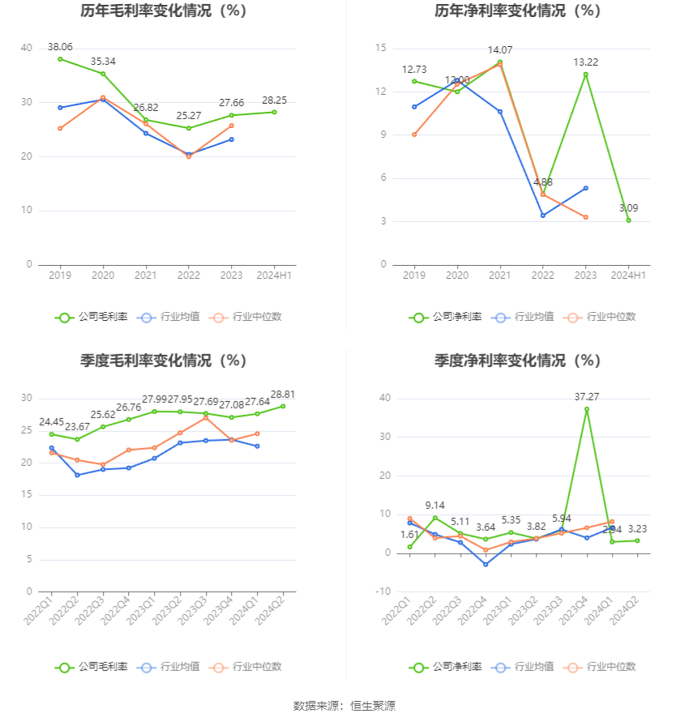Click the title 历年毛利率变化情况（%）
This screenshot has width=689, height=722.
point(164,11)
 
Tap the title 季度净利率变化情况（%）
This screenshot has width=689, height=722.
point(517,361)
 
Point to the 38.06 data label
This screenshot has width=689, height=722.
point(60,47)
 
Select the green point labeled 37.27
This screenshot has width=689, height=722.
point(586,409)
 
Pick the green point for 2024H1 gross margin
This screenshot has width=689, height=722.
point(274,112)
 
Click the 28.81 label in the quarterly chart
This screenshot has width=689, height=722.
point(282,395)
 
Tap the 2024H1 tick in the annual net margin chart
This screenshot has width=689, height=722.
point(628,276)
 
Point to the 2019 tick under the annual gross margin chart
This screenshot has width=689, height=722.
point(60,276)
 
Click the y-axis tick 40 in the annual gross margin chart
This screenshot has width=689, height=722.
point(27,49)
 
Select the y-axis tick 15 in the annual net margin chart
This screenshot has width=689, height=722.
point(380,49)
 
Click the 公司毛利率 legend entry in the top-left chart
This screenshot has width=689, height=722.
point(92,318)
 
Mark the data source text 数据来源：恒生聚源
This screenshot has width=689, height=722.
point(344,707)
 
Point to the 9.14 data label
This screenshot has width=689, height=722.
point(434,506)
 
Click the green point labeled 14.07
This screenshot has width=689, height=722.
point(499,62)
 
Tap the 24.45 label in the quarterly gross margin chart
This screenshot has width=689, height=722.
point(52,422)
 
